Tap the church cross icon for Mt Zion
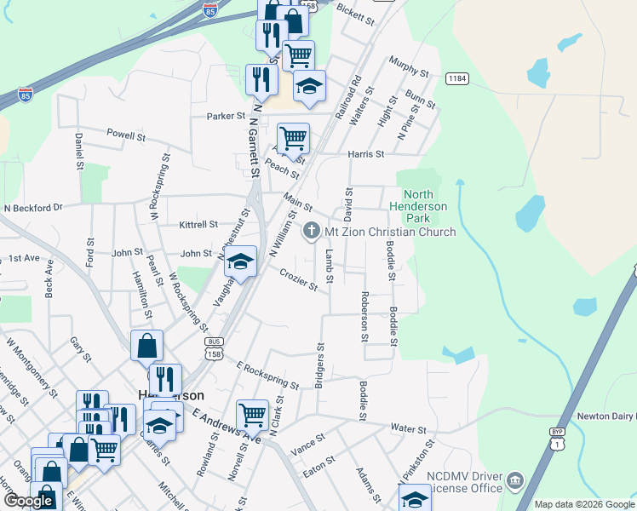312,231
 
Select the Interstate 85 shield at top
210,9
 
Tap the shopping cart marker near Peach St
293,138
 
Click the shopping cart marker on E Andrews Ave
252,416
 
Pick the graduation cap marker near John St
241,261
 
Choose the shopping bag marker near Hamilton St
146,346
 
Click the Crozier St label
298,278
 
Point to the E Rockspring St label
268,374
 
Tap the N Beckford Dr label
34,207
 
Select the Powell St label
126,135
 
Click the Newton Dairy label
607,416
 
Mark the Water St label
408,427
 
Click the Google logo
28,501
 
